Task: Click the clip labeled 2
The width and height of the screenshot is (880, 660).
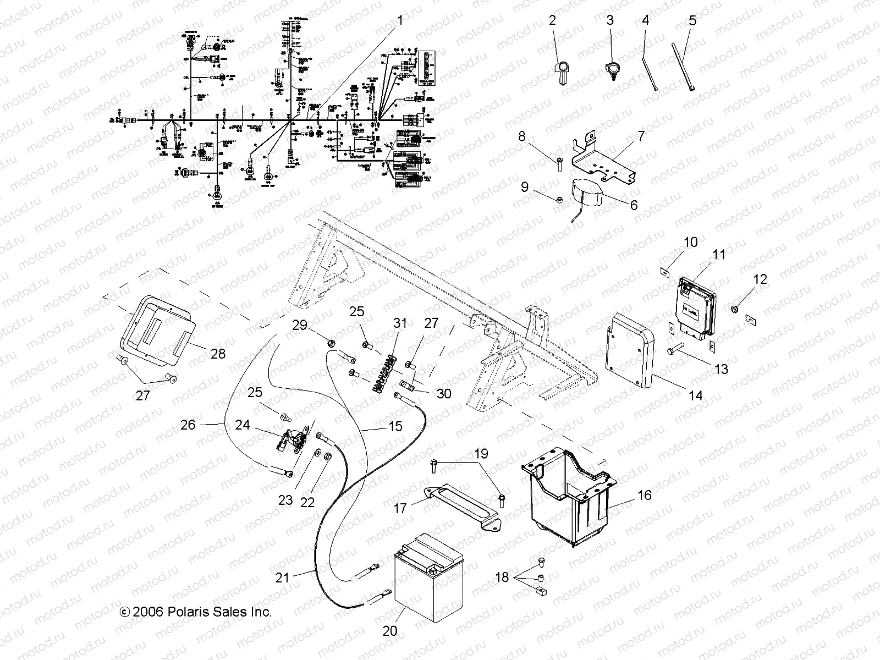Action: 562,71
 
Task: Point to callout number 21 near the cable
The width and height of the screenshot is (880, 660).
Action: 282,577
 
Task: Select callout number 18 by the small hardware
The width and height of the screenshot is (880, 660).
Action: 502,578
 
